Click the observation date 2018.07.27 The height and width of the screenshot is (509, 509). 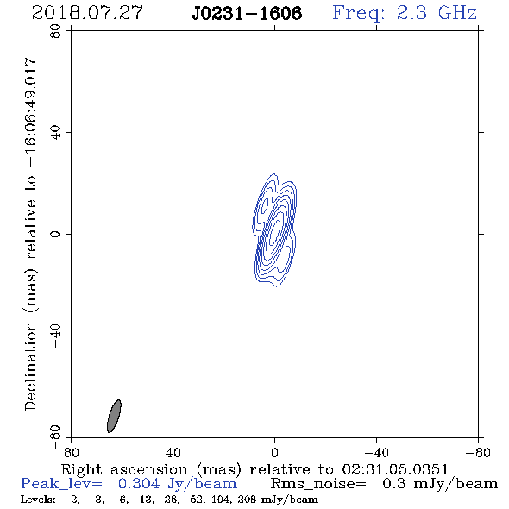(87, 13)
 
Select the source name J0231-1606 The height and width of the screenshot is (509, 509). (247, 13)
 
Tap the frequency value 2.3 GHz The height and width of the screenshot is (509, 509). (437, 13)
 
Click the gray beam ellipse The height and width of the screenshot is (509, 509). (114, 416)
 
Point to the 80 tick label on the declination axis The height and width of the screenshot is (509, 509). (55, 31)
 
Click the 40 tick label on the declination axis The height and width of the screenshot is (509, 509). (55, 133)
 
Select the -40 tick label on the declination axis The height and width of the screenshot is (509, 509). (55, 336)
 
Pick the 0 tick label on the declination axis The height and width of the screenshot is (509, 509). (55, 234)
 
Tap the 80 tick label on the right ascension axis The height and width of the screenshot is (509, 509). (71, 453)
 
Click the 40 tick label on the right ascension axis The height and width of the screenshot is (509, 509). (173, 453)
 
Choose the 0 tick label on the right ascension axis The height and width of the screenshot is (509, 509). (274, 453)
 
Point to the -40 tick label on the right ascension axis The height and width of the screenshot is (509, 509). (376, 453)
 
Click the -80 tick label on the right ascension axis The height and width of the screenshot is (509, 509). (478, 453)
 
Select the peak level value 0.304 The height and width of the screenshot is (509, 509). (139, 484)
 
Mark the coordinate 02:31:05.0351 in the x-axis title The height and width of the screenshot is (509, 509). (395, 469)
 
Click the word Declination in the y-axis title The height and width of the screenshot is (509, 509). (30, 366)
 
